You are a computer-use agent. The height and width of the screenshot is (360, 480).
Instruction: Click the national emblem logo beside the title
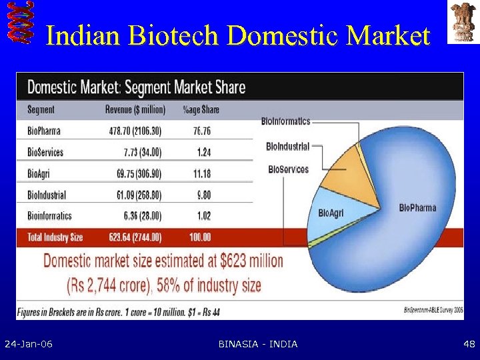462,23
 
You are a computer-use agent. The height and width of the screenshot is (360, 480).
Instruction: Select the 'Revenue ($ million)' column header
135,109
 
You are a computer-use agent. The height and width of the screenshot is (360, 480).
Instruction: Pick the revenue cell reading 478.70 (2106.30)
140,131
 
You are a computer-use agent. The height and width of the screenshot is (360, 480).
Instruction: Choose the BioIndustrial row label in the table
47,195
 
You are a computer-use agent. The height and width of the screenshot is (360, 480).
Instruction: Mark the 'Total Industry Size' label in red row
55,237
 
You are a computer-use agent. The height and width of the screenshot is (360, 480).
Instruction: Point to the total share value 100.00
200,237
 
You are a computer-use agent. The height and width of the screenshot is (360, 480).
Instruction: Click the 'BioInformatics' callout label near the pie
285,121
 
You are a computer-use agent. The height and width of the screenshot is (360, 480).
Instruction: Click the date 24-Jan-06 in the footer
29,344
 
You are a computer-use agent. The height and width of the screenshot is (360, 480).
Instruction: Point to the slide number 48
468,344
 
